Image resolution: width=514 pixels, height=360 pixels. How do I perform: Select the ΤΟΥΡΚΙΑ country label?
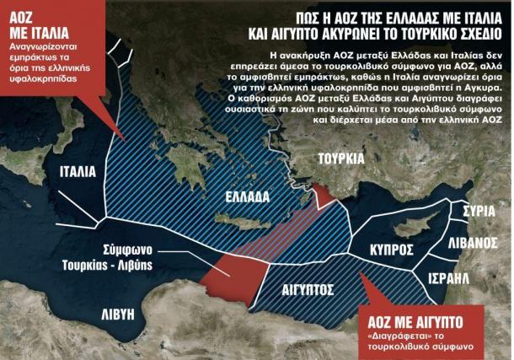point(342,159)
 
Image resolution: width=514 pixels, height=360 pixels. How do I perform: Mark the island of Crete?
point(240,222)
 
